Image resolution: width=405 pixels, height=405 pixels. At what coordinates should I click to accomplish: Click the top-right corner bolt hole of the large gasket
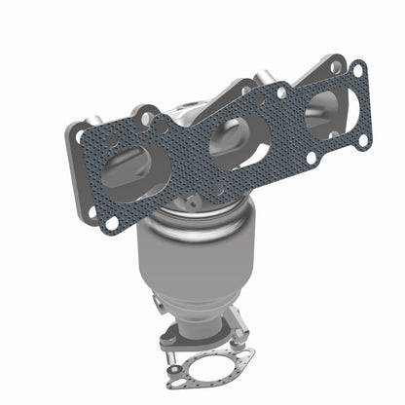[x=357, y=70]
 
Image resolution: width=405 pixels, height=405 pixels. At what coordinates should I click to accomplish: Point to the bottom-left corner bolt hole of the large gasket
[x=110, y=224]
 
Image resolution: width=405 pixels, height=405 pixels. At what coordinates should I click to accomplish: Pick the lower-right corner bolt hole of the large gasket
[x=363, y=140]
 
